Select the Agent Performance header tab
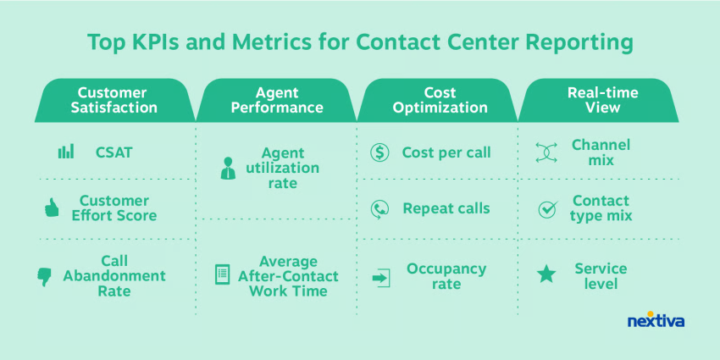point(276,100)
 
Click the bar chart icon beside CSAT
point(66,152)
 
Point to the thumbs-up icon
point(52,208)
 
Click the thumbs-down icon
point(45,277)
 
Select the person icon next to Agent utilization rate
point(228,168)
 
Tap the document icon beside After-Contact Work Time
point(222,274)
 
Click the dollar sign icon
point(379,152)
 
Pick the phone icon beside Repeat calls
point(379,209)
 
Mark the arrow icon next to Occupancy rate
point(380,278)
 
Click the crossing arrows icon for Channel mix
point(546,152)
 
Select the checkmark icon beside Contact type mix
point(547,209)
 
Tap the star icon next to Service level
point(546,274)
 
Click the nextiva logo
point(656,319)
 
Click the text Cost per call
point(446,152)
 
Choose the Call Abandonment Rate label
point(114,276)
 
